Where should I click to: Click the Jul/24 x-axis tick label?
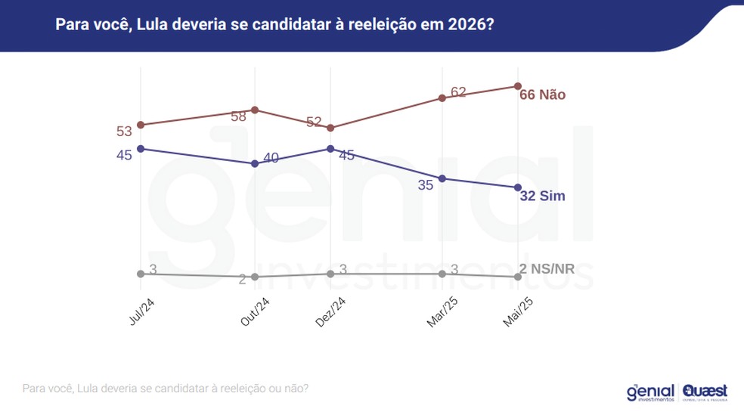(x=141, y=311)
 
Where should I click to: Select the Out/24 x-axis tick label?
(x=255, y=311)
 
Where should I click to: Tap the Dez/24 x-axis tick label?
(x=330, y=311)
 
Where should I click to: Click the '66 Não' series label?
(x=543, y=95)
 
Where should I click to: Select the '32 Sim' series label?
(x=543, y=196)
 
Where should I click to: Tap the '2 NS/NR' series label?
(x=547, y=268)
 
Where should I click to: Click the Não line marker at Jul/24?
(x=141, y=125)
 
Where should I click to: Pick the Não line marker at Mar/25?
(x=442, y=98)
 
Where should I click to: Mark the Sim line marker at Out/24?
(x=255, y=164)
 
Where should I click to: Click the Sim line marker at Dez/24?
(x=330, y=148)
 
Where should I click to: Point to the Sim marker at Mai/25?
(x=518, y=187)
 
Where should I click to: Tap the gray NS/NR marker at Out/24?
(x=255, y=277)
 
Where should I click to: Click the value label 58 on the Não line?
(x=239, y=116)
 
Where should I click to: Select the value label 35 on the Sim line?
(x=425, y=184)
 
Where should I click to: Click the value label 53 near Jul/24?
(x=124, y=132)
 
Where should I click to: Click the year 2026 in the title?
(x=467, y=25)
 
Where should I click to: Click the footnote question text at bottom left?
(x=165, y=389)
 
